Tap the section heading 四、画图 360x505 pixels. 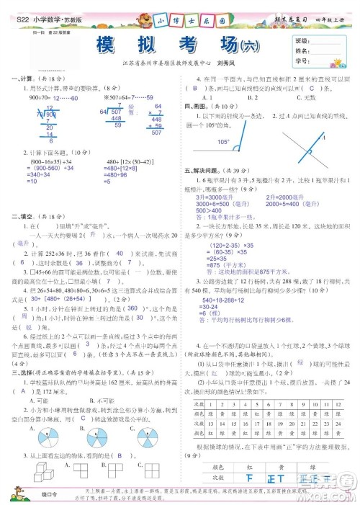pyautogui.click(x=196, y=105)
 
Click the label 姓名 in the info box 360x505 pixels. pyautogui.click(x=302, y=51)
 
